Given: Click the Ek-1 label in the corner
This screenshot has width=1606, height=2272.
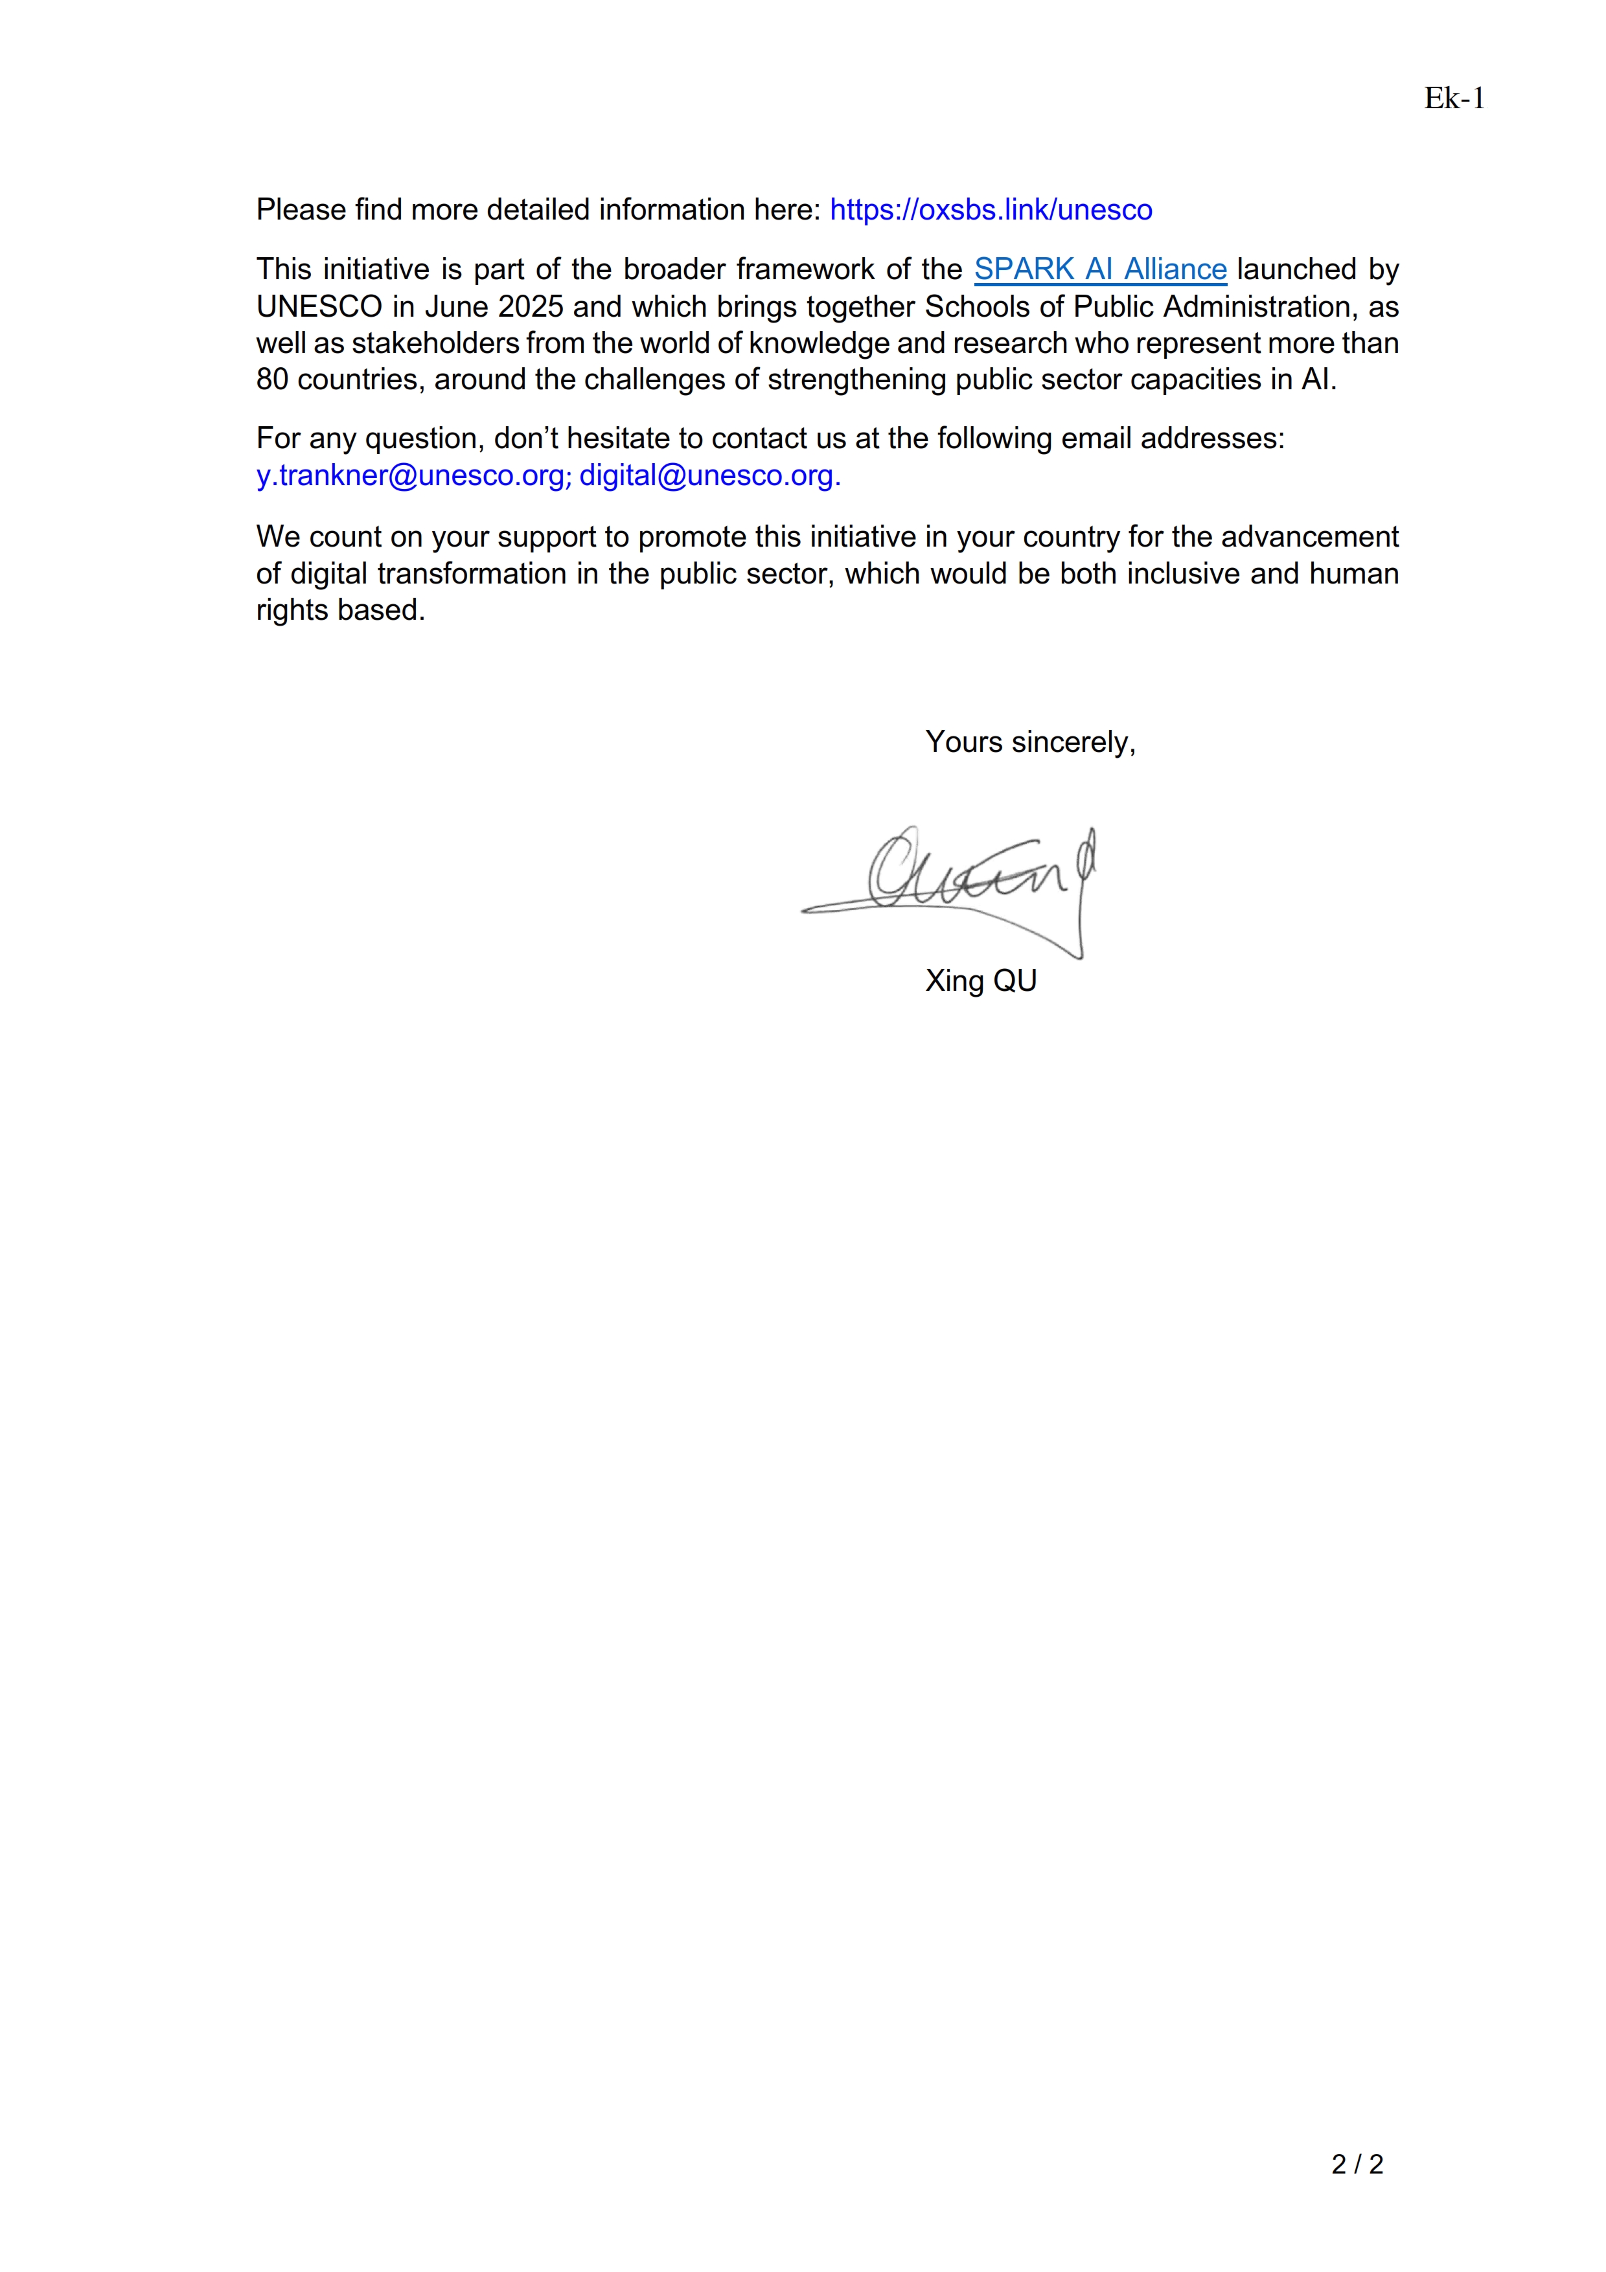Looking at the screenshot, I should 1454,98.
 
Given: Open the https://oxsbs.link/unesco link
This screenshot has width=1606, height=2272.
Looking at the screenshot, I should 991,210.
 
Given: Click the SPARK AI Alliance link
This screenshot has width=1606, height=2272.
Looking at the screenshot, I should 1099,269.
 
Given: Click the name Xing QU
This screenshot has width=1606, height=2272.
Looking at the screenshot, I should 981,981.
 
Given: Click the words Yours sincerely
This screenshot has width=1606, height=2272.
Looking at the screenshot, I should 1029,742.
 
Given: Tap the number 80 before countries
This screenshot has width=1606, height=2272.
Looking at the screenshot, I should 272,380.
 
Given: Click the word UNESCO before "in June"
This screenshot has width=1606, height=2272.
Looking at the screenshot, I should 319,307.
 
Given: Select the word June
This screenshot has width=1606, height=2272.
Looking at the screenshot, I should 456,307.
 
